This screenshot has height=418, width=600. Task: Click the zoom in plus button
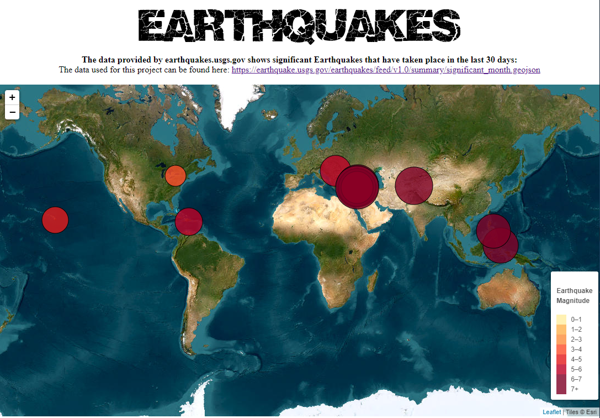(12, 97)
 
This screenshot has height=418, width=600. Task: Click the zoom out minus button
(12, 112)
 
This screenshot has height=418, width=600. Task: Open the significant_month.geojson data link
(385, 70)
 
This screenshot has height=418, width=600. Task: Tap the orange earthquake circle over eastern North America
(175, 175)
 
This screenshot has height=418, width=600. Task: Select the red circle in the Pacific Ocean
(55, 220)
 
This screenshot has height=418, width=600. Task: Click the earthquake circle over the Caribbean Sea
(189, 222)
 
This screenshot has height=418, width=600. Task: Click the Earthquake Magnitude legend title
(574, 296)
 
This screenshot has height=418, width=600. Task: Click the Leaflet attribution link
(551, 412)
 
